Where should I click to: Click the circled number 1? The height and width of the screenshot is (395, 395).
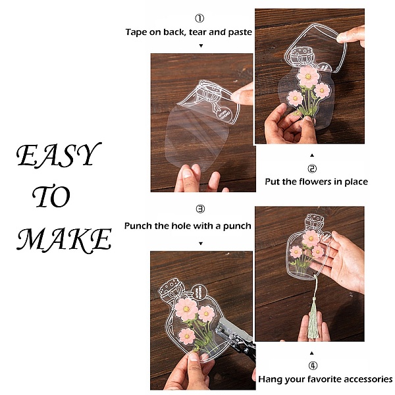tap(199, 18)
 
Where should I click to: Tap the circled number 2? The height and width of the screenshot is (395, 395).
tap(312, 169)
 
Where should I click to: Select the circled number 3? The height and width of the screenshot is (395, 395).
tap(200, 209)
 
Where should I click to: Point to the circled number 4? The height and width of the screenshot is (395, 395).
tap(313, 365)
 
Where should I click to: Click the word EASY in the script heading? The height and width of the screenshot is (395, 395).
tap(59, 155)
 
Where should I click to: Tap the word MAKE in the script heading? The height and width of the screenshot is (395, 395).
tap(65, 240)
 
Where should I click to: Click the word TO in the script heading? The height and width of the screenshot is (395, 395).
tap(51, 196)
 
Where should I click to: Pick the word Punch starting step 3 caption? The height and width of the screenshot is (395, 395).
tap(138, 225)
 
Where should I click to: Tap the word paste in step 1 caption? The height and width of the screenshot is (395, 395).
tap(240, 32)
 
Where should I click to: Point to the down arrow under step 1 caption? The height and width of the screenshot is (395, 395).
tap(201, 45)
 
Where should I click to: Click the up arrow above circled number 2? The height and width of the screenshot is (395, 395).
tap(312, 155)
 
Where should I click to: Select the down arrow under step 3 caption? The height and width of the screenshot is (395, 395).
tap(201, 244)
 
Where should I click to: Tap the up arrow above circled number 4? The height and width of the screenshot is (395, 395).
tap(311, 353)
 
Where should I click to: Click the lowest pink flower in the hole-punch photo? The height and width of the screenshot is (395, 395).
tap(187, 336)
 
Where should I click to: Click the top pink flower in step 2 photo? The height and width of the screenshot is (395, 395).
tap(308, 76)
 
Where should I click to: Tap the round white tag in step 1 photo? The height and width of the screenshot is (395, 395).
tap(226, 114)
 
